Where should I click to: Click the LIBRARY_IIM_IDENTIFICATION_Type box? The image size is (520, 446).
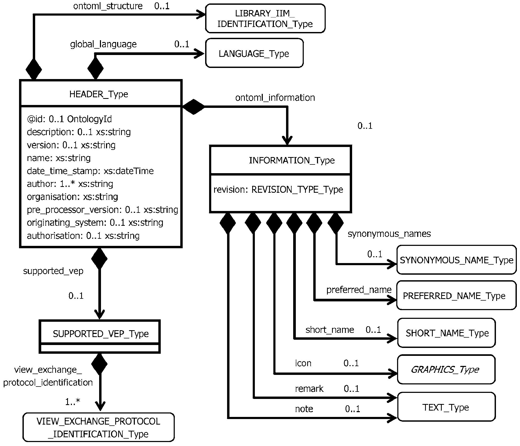click(265, 19)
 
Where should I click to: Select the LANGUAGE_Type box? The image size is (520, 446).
click(254, 54)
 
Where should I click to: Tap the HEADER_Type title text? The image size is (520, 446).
click(99, 94)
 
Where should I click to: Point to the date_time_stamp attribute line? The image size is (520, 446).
click(90, 171)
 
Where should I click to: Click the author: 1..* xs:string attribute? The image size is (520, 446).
click(70, 184)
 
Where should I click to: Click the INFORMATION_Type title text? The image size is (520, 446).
click(292, 160)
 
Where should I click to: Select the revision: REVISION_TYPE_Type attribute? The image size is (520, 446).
click(278, 190)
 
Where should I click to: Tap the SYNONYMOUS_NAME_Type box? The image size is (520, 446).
click(456, 260)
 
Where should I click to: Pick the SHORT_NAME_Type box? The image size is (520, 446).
click(447, 333)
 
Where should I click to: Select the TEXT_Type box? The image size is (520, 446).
click(446, 407)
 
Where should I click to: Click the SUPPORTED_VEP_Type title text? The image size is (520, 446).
click(100, 334)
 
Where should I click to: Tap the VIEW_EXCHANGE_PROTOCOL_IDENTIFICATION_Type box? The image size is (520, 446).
click(98, 427)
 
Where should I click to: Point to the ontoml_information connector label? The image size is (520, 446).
click(275, 98)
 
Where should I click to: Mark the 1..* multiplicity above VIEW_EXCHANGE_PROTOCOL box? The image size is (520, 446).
click(73, 402)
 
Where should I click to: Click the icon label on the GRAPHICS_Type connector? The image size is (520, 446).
click(303, 363)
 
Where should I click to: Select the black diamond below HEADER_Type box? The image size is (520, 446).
click(99, 258)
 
